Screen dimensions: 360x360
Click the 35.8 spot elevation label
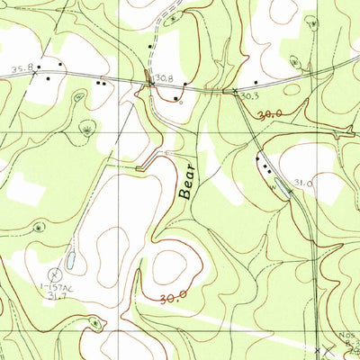pyautogui.click(x=22, y=68)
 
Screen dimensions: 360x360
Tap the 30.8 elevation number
pyautogui.click(x=163, y=79)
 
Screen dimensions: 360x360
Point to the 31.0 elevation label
pyautogui.click(x=301, y=184)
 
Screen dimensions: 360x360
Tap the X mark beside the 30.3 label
pyautogui.click(x=236, y=91)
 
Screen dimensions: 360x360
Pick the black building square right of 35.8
pyautogui.click(x=61, y=66)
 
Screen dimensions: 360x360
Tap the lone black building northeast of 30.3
pyautogui.click(x=256, y=83)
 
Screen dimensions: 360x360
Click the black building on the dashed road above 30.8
pyautogui.click(x=149, y=46)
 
